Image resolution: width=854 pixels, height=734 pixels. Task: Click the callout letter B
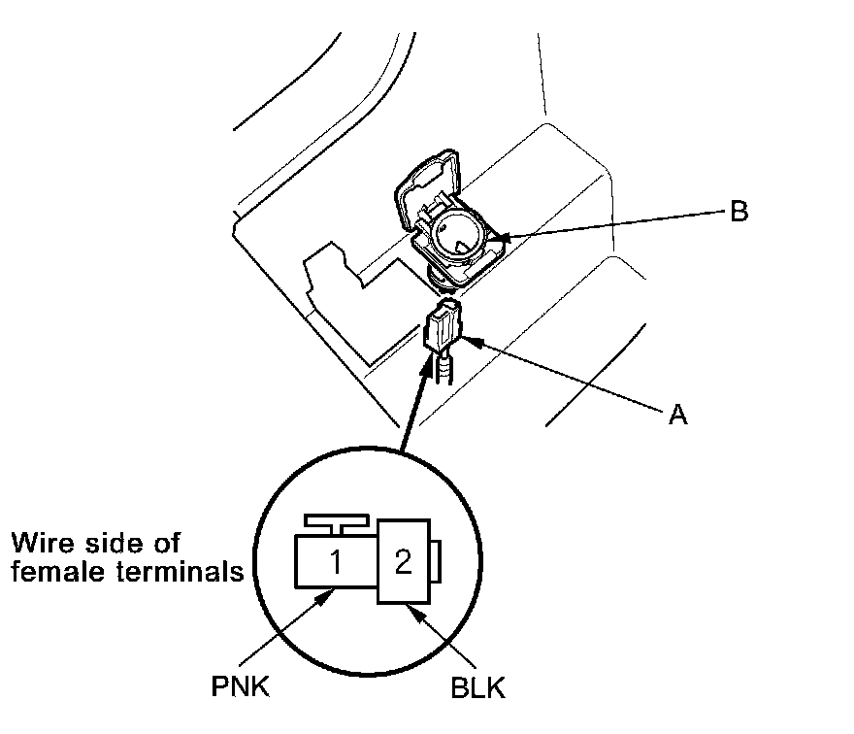tap(739, 211)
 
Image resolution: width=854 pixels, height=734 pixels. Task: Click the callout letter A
tap(677, 415)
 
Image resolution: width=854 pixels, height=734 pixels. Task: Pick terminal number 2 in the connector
tap(403, 562)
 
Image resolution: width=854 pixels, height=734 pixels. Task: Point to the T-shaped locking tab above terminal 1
tap(333, 525)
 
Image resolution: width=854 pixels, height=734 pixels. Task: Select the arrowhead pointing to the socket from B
tap(497, 236)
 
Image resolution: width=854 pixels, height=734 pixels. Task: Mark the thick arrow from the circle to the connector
tap(414, 398)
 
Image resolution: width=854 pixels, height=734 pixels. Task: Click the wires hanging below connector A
tap(445, 370)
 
